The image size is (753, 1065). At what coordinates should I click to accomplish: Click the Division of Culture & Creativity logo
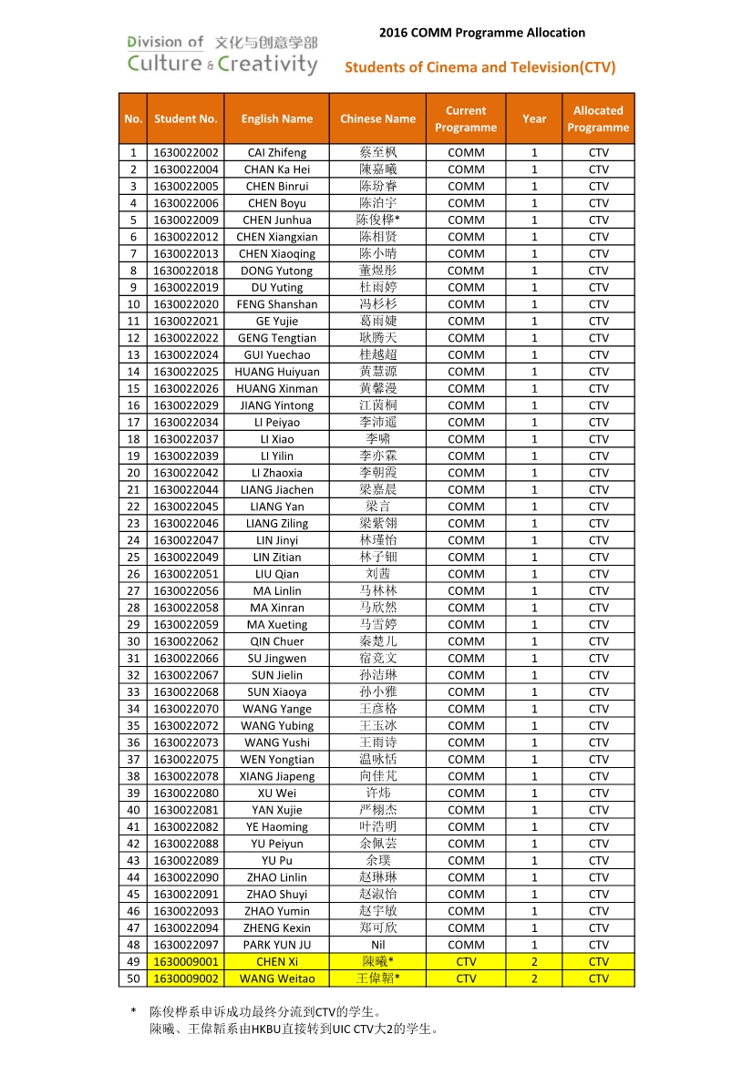tap(222, 54)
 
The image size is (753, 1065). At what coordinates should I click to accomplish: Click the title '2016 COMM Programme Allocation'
tap(481, 33)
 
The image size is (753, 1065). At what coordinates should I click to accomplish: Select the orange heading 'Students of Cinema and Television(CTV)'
tap(480, 67)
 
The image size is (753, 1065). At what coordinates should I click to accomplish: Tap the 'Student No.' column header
tap(186, 118)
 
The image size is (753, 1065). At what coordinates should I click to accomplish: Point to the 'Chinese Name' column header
tap(377, 118)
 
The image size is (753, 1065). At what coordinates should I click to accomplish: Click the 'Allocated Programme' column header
tap(598, 118)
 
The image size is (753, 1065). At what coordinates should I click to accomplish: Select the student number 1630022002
tap(186, 153)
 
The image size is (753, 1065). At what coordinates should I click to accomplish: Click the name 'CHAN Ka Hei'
tap(277, 169)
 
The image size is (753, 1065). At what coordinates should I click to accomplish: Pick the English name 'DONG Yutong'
tap(277, 271)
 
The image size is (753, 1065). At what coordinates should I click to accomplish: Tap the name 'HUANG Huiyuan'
tap(277, 372)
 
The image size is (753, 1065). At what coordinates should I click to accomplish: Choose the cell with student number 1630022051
tap(186, 574)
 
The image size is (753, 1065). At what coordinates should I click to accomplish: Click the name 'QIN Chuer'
tap(277, 641)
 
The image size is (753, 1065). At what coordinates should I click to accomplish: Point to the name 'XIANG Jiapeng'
tap(277, 776)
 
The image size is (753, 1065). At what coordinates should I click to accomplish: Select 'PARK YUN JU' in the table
tap(277, 945)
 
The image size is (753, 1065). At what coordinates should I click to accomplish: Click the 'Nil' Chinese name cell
tap(377, 945)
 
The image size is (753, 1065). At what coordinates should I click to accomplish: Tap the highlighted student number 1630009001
tap(186, 962)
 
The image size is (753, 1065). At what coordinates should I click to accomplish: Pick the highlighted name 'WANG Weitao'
tap(277, 978)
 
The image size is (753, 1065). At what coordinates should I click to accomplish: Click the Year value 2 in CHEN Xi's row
tap(534, 962)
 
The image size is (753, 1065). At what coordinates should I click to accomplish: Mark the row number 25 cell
tap(133, 557)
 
